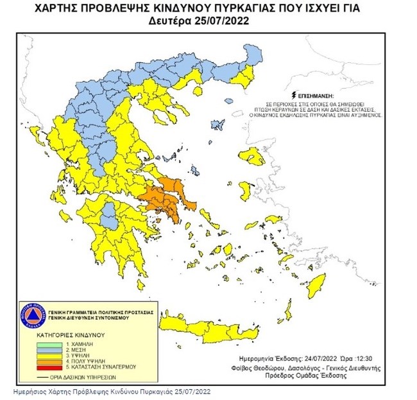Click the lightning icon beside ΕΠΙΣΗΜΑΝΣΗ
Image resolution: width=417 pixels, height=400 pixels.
[x=292, y=94]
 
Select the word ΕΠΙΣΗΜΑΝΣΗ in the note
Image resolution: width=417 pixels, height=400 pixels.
[x=315, y=94]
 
